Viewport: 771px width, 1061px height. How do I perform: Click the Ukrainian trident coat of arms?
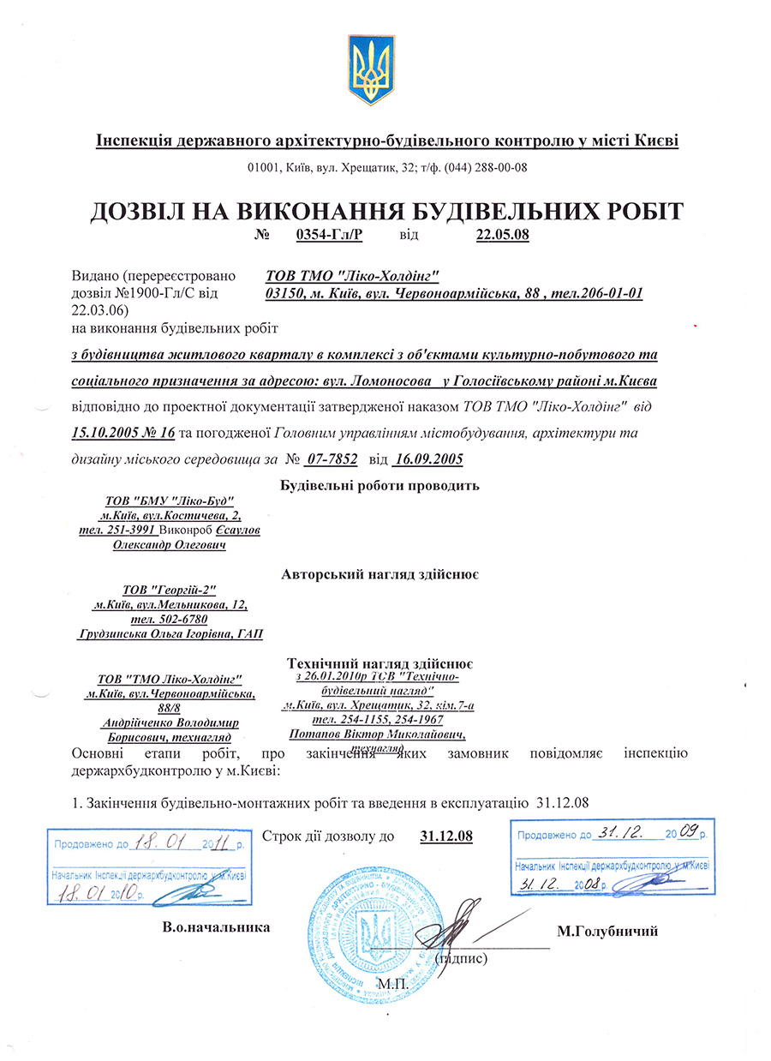pyautogui.click(x=373, y=70)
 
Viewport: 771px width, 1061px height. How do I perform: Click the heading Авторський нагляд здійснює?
pyautogui.click(x=380, y=574)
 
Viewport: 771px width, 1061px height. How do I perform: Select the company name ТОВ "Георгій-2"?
pyautogui.click(x=170, y=590)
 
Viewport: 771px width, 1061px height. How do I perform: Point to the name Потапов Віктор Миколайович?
pyautogui.click(x=377, y=734)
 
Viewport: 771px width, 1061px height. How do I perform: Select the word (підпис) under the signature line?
pyautogui.click(x=463, y=958)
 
